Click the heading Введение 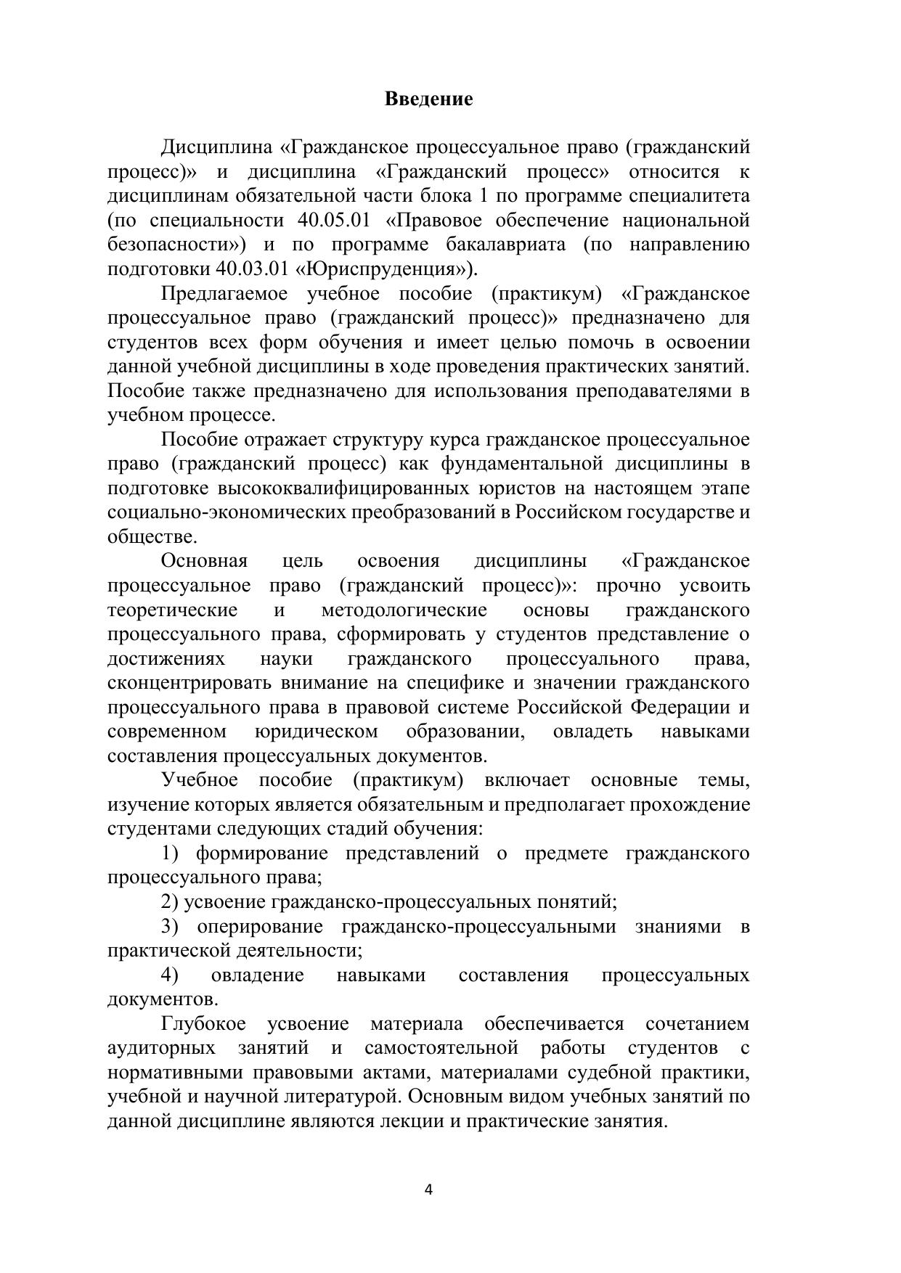click(428, 99)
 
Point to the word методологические click(404, 610)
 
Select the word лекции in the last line click(415, 1121)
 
